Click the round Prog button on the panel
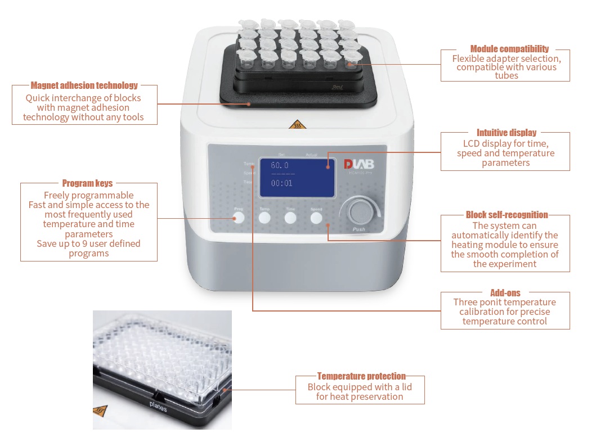[239, 217]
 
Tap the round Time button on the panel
[290, 218]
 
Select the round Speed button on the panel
[316, 218]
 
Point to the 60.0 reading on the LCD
[280, 165]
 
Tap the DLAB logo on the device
[358, 165]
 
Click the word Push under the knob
[358, 229]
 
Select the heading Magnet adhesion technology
[84, 85]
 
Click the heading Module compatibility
[509, 49]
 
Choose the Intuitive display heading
[507, 133]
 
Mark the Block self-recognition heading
[507, 215]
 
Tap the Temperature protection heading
[361, 376]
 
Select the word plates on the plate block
[158, 407]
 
